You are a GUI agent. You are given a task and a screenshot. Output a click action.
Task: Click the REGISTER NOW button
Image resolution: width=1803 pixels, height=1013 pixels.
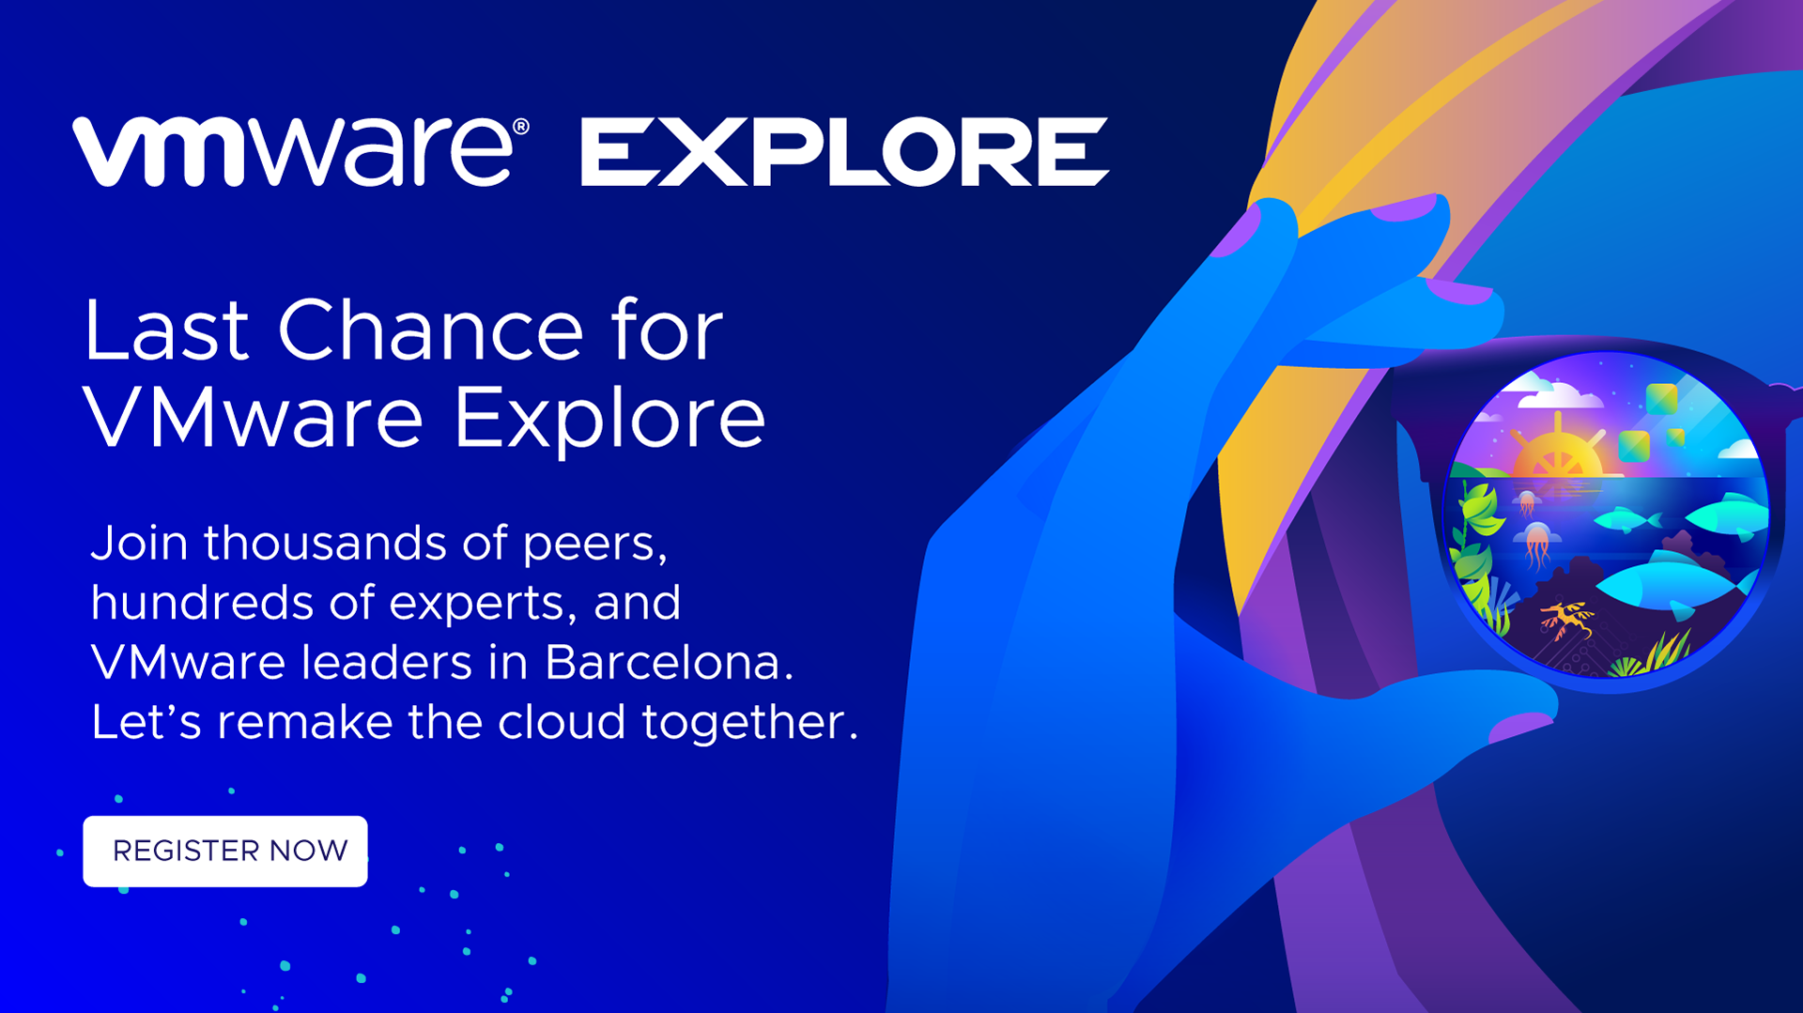(x=225, y=851)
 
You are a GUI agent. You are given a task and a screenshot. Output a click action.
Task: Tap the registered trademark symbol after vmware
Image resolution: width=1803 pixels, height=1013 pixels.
(x=521, y=127)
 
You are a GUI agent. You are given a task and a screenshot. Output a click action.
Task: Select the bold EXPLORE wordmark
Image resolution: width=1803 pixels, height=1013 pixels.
(x=845, y=151)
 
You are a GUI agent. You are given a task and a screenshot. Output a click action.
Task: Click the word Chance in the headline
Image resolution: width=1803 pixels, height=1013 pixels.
(x=431, y=330)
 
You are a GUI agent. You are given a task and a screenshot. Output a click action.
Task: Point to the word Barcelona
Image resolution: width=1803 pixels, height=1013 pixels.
(x=670, y=662)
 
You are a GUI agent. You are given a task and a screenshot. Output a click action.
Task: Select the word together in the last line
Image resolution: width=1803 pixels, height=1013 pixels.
(x=750, y=723)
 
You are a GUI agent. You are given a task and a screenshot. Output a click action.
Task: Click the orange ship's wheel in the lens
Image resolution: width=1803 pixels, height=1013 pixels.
(x=1558, y=447)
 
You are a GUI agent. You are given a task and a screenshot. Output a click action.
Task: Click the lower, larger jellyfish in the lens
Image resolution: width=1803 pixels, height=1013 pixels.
(x=1537, y=545)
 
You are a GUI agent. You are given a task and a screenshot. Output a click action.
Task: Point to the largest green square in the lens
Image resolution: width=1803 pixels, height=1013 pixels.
(x=1661, y=399)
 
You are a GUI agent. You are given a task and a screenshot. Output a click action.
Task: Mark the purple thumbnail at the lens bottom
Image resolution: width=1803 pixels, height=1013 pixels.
(x=1521, y=726)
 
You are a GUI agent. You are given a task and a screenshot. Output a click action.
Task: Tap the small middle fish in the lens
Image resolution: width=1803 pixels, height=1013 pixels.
(x=1627, y=519)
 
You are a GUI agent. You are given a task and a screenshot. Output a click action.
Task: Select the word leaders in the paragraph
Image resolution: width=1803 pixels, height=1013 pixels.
(x=387, y=662)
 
